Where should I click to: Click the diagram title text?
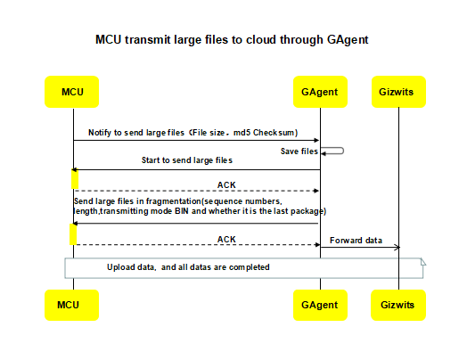[232, 40]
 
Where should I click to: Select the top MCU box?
[73, 92]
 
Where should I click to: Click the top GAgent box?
[320, 92]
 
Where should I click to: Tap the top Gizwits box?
[397, 92]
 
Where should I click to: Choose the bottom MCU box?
[73, 304]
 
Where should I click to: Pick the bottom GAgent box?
[320, 304]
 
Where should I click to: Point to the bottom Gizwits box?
[397, 304]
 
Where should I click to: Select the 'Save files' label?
[300, 151]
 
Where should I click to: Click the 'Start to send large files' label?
[187, 160]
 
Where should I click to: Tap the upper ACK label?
[227, 184]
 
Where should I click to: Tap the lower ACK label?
[227, 239]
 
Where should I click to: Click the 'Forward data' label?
[356, 240]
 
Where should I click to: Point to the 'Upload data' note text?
[188, 266]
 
